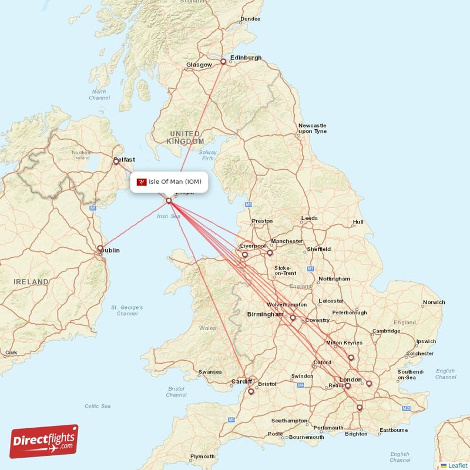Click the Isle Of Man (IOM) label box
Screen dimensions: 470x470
[169, 182]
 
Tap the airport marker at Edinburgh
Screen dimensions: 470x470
[223, 62]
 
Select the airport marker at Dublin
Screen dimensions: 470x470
[100, 249]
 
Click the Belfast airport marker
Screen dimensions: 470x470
[116, 162]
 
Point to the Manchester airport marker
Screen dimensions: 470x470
[270, 253]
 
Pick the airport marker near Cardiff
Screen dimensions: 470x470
[251, 391]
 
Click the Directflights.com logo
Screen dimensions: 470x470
[43, 441]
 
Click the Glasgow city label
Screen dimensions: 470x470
[199, 65]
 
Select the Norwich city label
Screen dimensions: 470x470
[434, 303]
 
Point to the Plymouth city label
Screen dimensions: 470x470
[202, 456]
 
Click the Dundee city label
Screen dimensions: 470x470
[250, 19]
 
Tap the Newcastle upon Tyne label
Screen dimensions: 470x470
[312, 129]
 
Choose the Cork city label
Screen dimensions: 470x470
[11, 353]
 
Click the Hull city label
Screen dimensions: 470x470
[358, 222]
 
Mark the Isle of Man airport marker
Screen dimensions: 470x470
[169, 201]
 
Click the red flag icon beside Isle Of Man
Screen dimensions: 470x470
[142, 182]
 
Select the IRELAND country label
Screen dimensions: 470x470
[32, 282]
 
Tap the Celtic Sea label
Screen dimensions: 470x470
[98, 406]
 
